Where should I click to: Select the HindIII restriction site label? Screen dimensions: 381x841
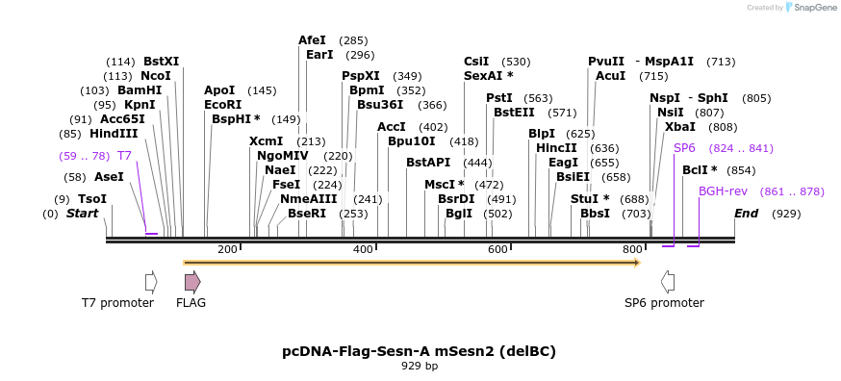coord(114,134)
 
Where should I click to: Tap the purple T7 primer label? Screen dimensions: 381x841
coord(124,155)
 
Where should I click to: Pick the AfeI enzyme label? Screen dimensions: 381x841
coord(312,40)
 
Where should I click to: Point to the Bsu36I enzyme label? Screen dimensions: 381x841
coord(380,105)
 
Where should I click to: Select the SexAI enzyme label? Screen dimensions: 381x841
coord(488,75)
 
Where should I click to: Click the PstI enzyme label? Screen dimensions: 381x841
coord(498,98)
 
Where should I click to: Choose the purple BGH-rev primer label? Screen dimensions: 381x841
coord(723,191)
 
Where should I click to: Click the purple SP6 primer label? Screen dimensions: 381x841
coord(684,148)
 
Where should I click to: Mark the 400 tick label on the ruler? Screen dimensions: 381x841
coord(363,250)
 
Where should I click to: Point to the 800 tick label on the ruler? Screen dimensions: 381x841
coord(632,250)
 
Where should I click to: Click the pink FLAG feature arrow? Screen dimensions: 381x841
coord(192,281)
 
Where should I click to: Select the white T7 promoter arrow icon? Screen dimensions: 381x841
coord(150,281)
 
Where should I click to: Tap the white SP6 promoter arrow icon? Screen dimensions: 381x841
coord(667,281)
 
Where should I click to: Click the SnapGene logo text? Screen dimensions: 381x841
coord(814,8)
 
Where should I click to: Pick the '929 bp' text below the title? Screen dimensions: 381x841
coord(420,366)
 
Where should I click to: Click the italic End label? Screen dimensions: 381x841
coord(746,214)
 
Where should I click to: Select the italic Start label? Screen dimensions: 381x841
coord(82,214)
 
